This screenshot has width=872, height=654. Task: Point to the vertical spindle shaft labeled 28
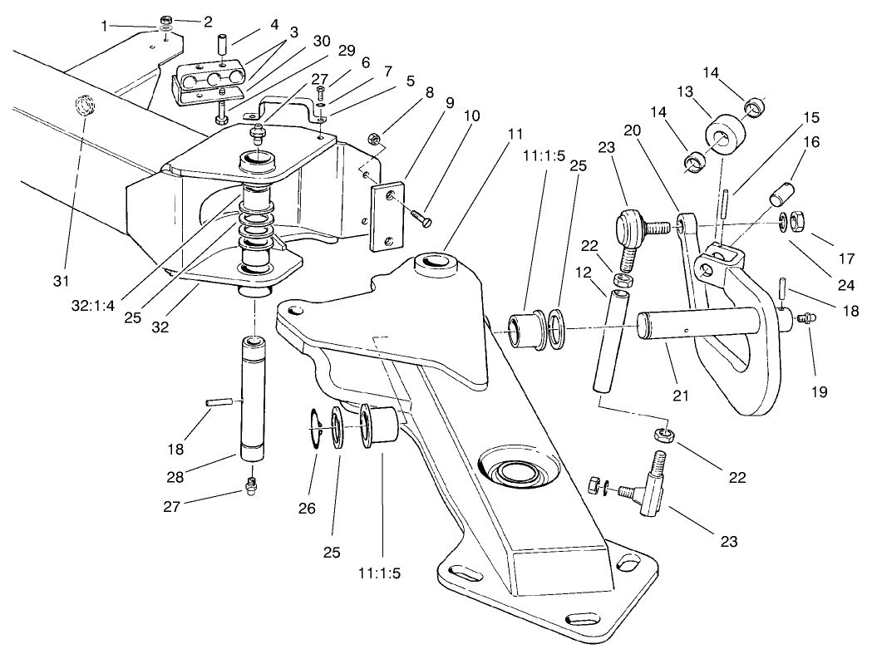[253, 398]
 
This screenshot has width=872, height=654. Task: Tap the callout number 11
[515, 134]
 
